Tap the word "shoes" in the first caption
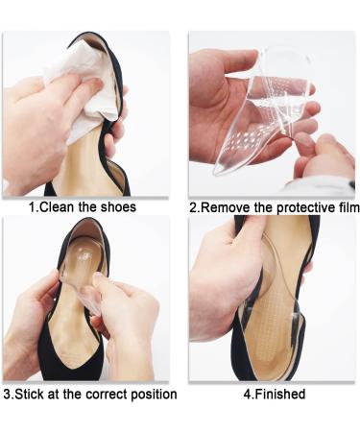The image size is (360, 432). click(118, 207)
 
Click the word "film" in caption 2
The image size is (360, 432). click(348, 207)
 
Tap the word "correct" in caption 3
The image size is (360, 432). click(107, 395)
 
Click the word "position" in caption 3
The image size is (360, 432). click(154, 395)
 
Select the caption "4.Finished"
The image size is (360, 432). click(275, 394)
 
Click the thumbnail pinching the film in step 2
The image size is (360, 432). click(300, 139)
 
